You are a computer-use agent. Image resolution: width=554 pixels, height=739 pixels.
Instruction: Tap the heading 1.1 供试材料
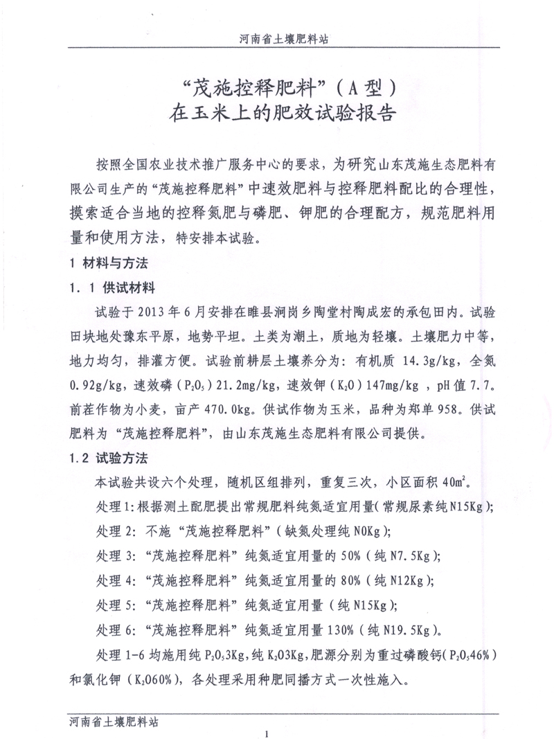[x=112, y=285]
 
